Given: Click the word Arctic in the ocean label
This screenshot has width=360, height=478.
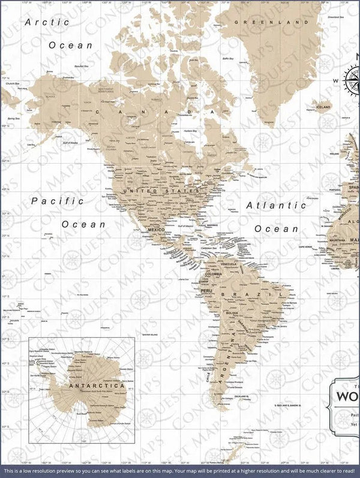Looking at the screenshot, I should [x=47, y=22].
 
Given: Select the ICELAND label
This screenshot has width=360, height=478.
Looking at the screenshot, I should [x=323, y=107].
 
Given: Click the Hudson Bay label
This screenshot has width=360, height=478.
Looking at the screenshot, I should [x=190, y=130].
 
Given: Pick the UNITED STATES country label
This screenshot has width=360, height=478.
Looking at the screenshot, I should [x=160, y=191].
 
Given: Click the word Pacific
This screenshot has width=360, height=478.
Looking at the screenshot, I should [x=58, y=201].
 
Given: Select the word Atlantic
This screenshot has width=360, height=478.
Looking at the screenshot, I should [x=280, y=205].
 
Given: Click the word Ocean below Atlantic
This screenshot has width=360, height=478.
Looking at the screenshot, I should [x=276, y=229].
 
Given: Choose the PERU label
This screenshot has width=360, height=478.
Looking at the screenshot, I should [x=207, y=290].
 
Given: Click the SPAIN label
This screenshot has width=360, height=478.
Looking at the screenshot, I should [x=354, y=188].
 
